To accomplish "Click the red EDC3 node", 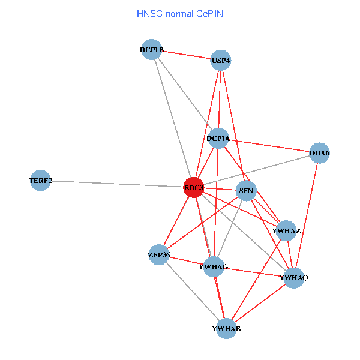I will pyautogui.click(x=194, y=188).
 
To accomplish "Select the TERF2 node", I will pyautogui.click(x=40, y=181).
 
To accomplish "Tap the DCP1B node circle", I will pyautogui.click(x=152, y=50).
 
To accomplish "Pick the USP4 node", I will pyautogui.click(x=221, y=60).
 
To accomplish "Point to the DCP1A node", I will pyautogui.click(x=218, y=139).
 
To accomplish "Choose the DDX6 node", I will pyautogui.click(x=320, y=153).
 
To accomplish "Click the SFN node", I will pyautogui.click(x=247, y=191).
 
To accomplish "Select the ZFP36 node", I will pyautogui.click(x=159, y=255).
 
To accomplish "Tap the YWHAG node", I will pyautogui.click(x=214, y=266).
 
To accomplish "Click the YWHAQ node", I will pyautogui.click(x=293, y=278).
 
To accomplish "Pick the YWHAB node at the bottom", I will pyautogui.click(x=226, y=328).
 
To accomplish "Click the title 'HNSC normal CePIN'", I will pyautogui.click(x=180, y=13).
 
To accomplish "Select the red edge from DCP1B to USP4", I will pyautogui.click(x=186, y=55).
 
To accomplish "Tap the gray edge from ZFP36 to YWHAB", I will pyautogui.click(x=192, y=291).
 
